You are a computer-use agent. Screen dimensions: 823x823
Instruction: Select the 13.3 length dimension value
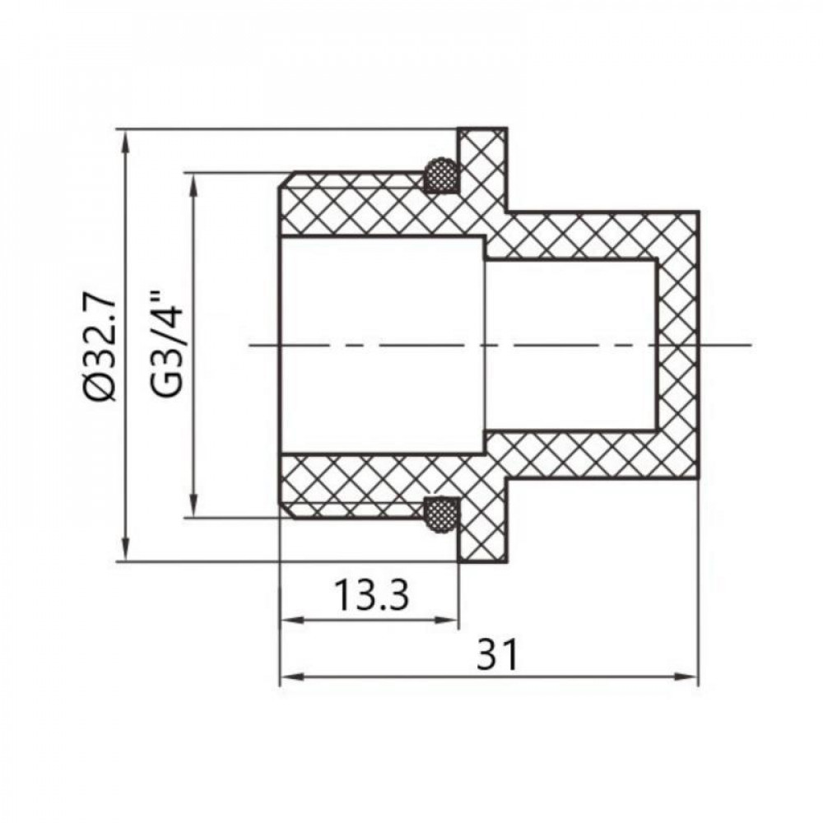(x=371, y=594)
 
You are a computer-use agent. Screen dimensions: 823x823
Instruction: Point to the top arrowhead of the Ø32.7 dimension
(x=125, y=138)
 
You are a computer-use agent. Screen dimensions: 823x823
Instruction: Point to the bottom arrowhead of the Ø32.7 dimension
(x=125, y=552)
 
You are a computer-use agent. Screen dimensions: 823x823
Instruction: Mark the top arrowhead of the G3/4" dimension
(x=194, y=183)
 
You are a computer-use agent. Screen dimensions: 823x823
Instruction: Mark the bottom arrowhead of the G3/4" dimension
(x=194, y=508)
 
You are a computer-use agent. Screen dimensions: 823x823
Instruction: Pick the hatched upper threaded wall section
(x=362, y=206)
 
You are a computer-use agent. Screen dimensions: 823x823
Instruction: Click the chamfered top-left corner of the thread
(x=286, y=179)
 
